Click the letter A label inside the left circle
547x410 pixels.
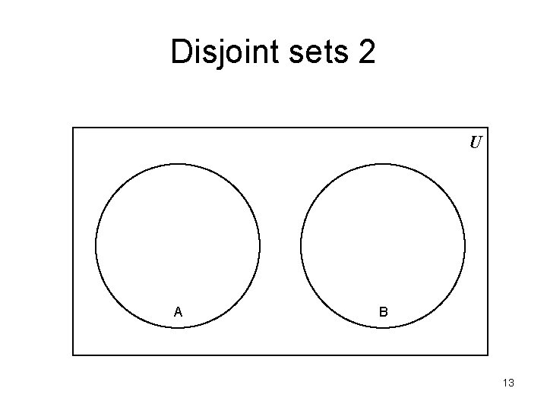click(x=178, y=311)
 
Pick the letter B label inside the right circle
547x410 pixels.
click(x=384, y=311)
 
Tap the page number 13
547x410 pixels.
click(x=508, y=383)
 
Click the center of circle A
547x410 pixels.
click(x=178, y=245)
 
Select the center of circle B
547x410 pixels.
click(x=383, y=245)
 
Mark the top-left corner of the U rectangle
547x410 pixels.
click(x=73, y=127)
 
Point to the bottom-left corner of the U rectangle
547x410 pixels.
click(x=73, y=355)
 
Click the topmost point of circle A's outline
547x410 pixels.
click(x=178, y=163)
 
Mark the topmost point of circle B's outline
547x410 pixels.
click(x=383, y=163)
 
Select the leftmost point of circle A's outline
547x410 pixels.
click(x=96, y=245)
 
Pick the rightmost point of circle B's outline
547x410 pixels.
click(x=465, y=245)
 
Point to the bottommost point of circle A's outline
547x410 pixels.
click(x=178, y=327)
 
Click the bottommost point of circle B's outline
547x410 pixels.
click(x=383, y=327)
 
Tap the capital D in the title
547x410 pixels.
click(x=182, y=52)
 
